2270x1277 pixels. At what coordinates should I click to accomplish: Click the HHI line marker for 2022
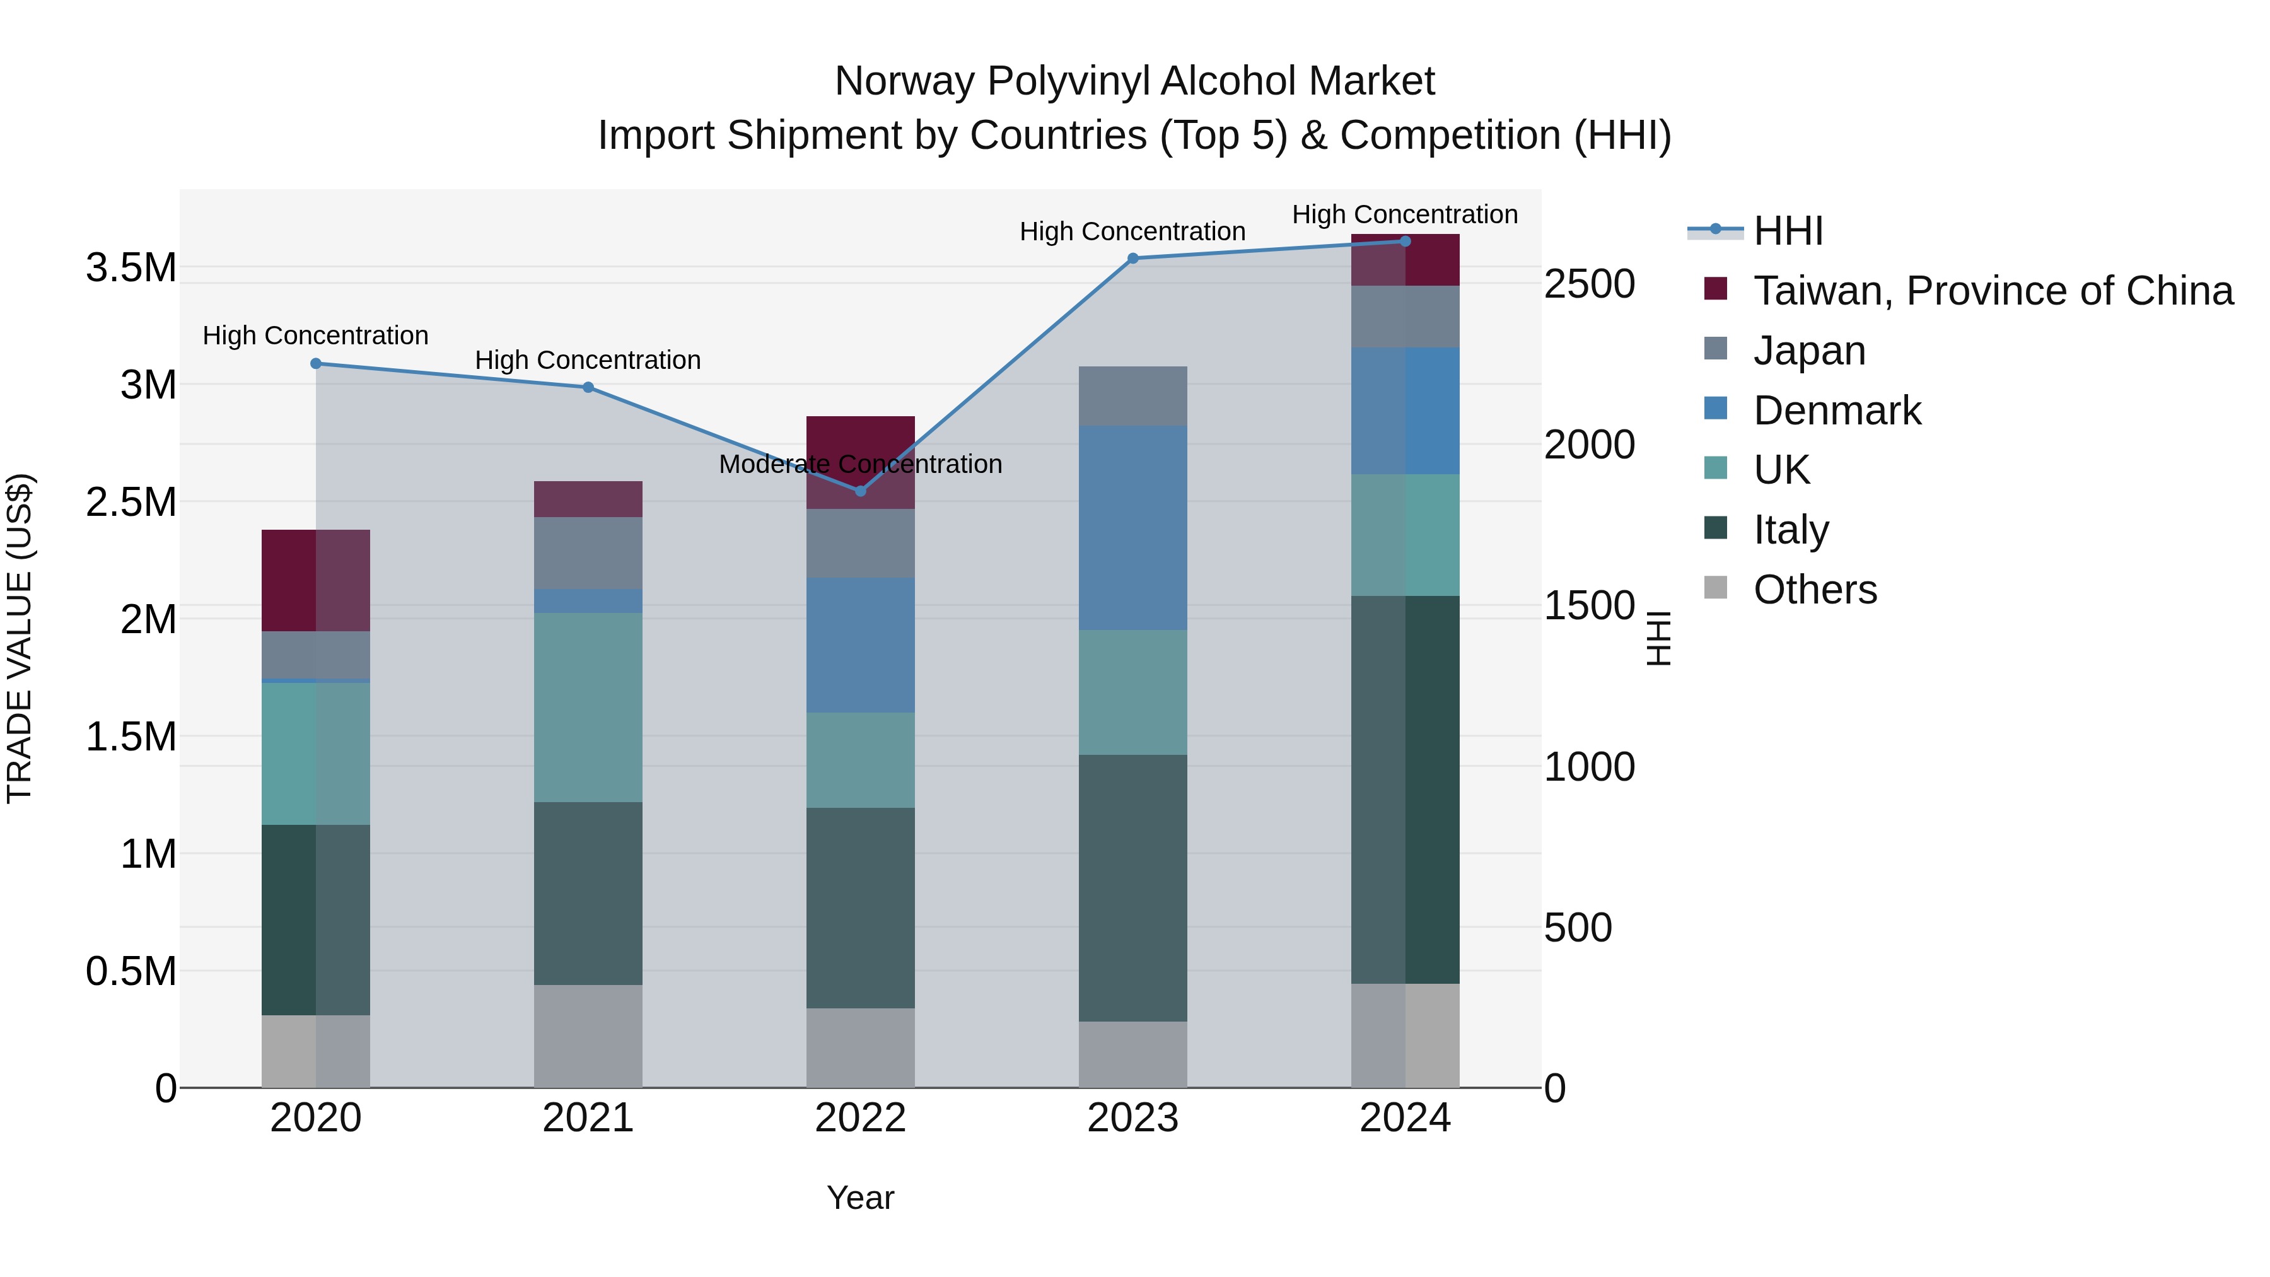pos(861,491)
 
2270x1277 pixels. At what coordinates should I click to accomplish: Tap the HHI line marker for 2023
pos(1133,258)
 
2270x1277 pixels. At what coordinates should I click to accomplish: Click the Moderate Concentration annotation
pos(860,464)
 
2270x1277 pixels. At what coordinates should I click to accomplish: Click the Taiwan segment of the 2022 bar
pos(861,441)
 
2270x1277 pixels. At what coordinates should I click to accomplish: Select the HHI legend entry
pos(1787,231)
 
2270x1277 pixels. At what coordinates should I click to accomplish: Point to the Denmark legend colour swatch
pos(1716,409)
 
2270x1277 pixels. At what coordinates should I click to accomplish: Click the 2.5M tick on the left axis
pos(131,503)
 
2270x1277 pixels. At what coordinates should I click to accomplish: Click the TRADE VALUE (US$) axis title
pos(20,638)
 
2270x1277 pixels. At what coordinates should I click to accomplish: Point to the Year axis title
pos(860,1198)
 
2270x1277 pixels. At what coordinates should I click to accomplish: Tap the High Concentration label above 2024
pos(1405,214)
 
